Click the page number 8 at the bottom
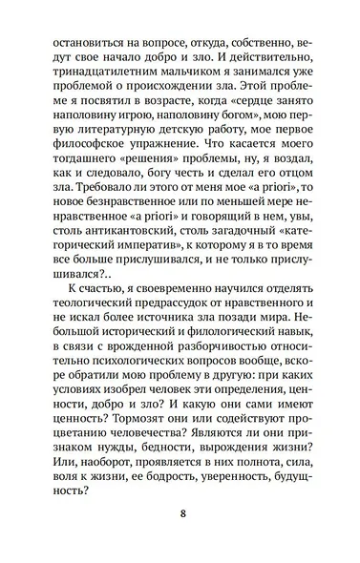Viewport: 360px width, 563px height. [180, 517]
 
